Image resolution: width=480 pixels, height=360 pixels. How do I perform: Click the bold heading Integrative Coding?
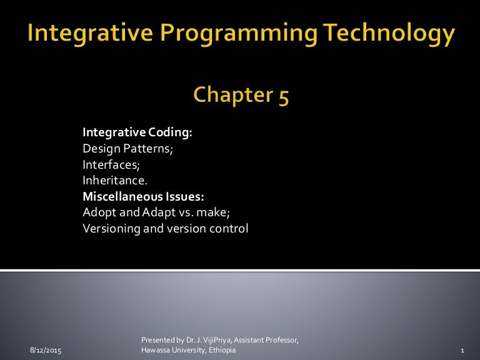137,132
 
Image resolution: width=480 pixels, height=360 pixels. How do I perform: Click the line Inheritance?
110,181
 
